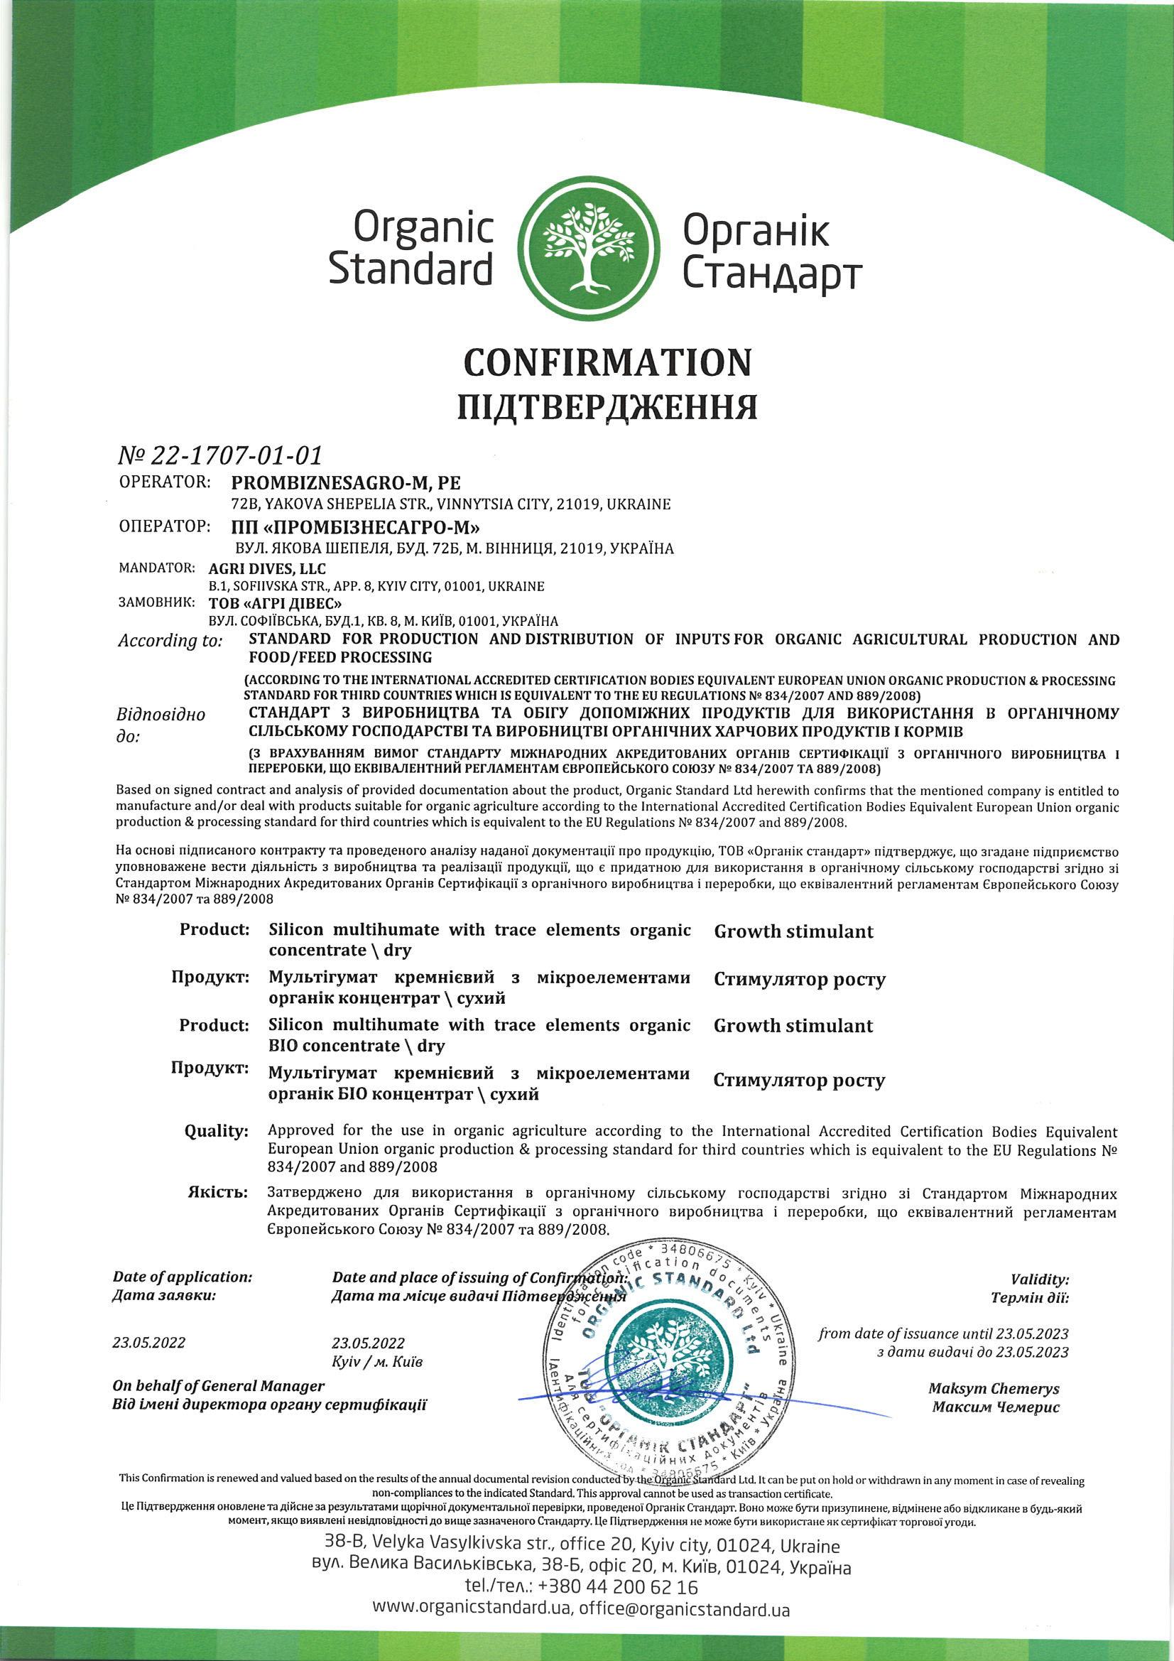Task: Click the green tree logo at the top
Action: (589, 248)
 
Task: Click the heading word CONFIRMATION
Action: (607, 362)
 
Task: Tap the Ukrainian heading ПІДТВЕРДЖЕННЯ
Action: (607, 407)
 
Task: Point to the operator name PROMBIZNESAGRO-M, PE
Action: (346, 482)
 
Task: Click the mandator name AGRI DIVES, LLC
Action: (267, 568)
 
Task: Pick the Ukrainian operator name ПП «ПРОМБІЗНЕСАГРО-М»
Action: (355, 526)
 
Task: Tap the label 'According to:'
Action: (170, 640)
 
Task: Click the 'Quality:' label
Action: (217, 1131)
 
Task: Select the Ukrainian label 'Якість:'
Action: (218, 1192)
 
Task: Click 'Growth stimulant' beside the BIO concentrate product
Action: (793, 1026)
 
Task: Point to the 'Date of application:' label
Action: (183, 1277)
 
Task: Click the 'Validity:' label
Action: (1040, 1279)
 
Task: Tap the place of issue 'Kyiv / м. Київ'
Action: (377, 1361)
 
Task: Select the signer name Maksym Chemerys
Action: (993, 1388)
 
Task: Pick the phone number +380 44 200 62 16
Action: (618, 1586)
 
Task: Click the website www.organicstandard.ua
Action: (472, 1609)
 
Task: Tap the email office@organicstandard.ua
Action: (683, 1609)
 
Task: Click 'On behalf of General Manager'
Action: (219, 1385)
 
